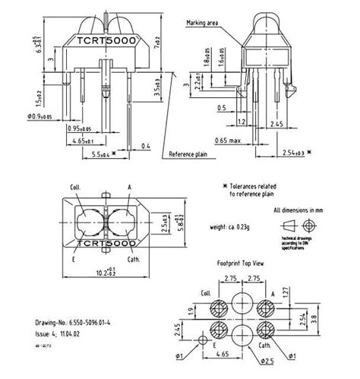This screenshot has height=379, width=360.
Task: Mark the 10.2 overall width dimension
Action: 99,271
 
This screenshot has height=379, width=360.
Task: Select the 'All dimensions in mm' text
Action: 308,209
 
